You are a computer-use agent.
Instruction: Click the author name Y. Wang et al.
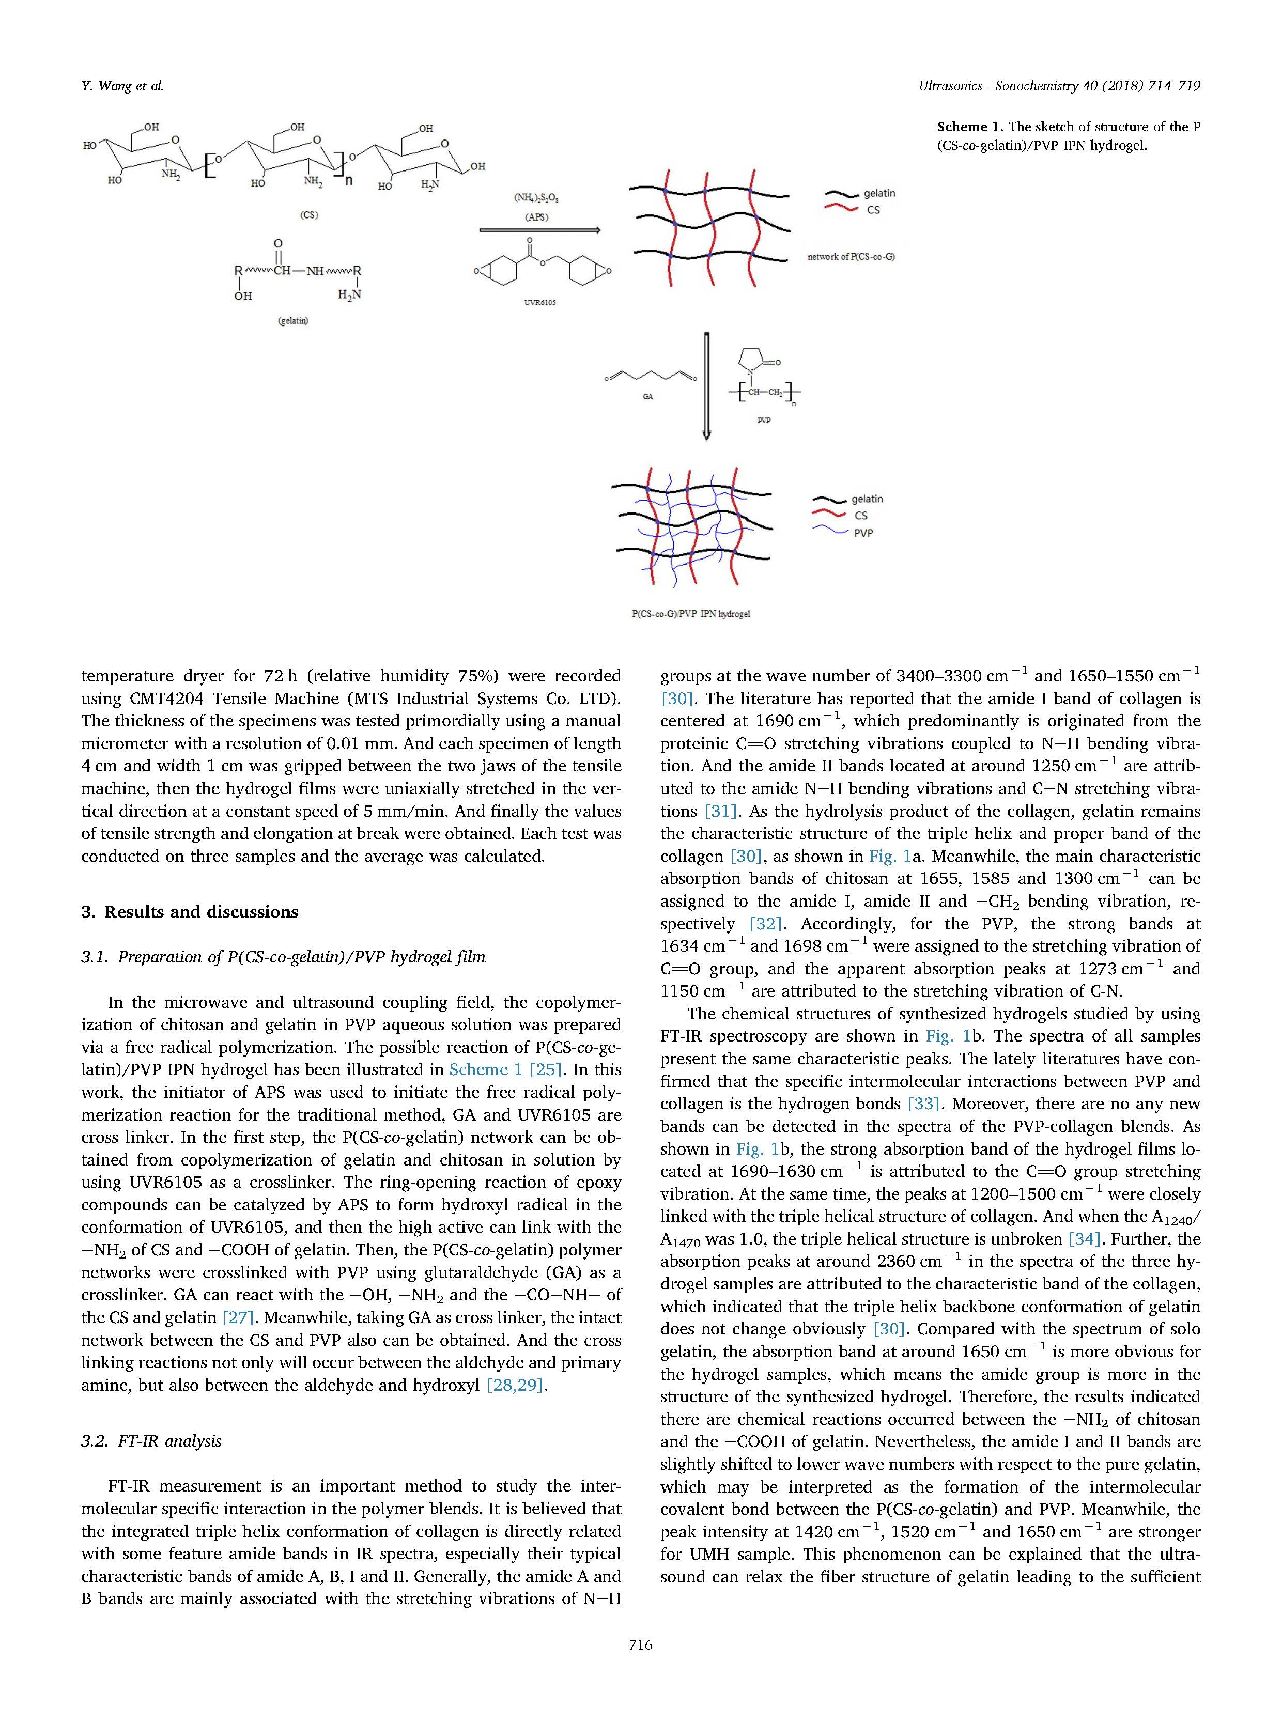click(122, 86)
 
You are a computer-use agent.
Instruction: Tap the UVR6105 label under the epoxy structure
click(539, 302)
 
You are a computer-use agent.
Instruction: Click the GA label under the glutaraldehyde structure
click(647, 396)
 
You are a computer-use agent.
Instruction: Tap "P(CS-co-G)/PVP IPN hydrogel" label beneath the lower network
click(691, 614)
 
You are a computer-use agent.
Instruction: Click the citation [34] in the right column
click(1083, 1239)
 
